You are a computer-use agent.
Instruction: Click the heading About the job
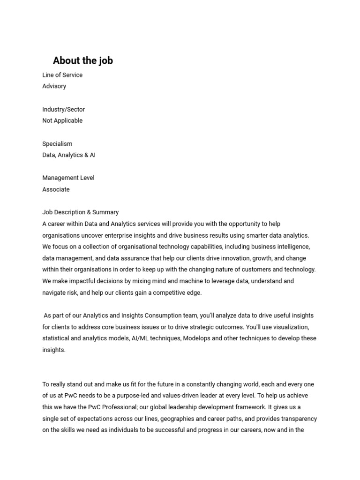coord(82,60)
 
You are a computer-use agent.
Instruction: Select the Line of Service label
coord(62,75)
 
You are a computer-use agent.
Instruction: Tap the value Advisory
coord(54,86)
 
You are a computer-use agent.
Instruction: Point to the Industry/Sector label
coord(63,109)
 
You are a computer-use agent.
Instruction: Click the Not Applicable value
coord(62,120)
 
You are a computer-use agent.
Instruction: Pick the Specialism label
coord(57,144)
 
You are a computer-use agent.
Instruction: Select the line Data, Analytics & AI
coord(69,155)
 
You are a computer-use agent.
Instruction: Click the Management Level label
coord(68,178)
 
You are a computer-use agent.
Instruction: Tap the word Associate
coord(56,189)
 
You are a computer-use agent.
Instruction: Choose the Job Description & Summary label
coord(80,212)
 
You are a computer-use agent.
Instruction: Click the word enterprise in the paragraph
coord(127,235)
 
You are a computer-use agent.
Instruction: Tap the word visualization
coord(288,327)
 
